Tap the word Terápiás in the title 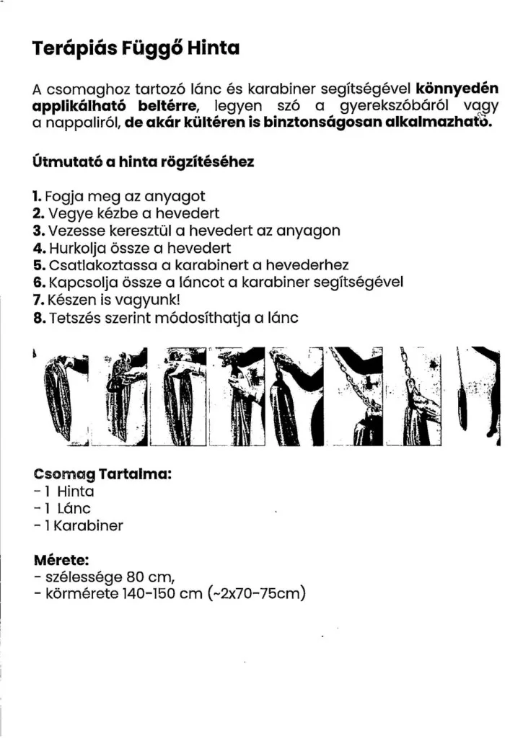[69, 50]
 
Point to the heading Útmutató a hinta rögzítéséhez [143, 163]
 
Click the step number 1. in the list [38, 196]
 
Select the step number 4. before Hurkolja [39, 249]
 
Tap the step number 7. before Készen [39, 301]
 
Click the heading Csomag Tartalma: [102, 475]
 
